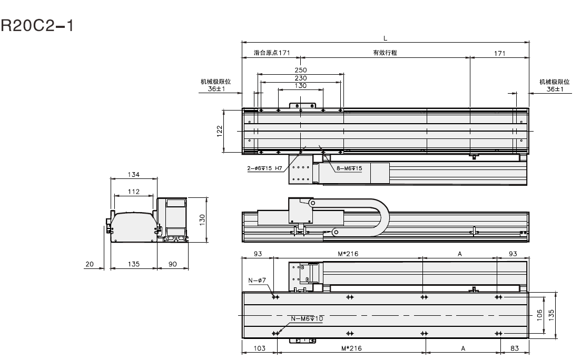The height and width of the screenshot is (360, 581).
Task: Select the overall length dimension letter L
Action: [x=386, y=37]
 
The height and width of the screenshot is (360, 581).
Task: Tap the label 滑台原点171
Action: [x=271, y=53]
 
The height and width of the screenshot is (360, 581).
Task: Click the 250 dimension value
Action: [x=301, y=69]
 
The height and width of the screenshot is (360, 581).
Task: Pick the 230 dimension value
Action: [x=301, y=78]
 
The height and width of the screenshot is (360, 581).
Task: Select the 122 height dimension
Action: [x=220, y=131]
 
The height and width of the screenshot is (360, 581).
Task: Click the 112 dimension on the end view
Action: [x=133, y=192]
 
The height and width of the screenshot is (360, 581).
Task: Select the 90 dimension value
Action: [x=172, y=264]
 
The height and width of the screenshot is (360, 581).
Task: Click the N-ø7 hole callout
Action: [x=257, y=281]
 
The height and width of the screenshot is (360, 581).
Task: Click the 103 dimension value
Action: [x=258, y=348]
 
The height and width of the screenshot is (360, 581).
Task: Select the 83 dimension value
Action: [x=514, y=348]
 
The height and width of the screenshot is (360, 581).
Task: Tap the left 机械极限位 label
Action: [x=215, y=82]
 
